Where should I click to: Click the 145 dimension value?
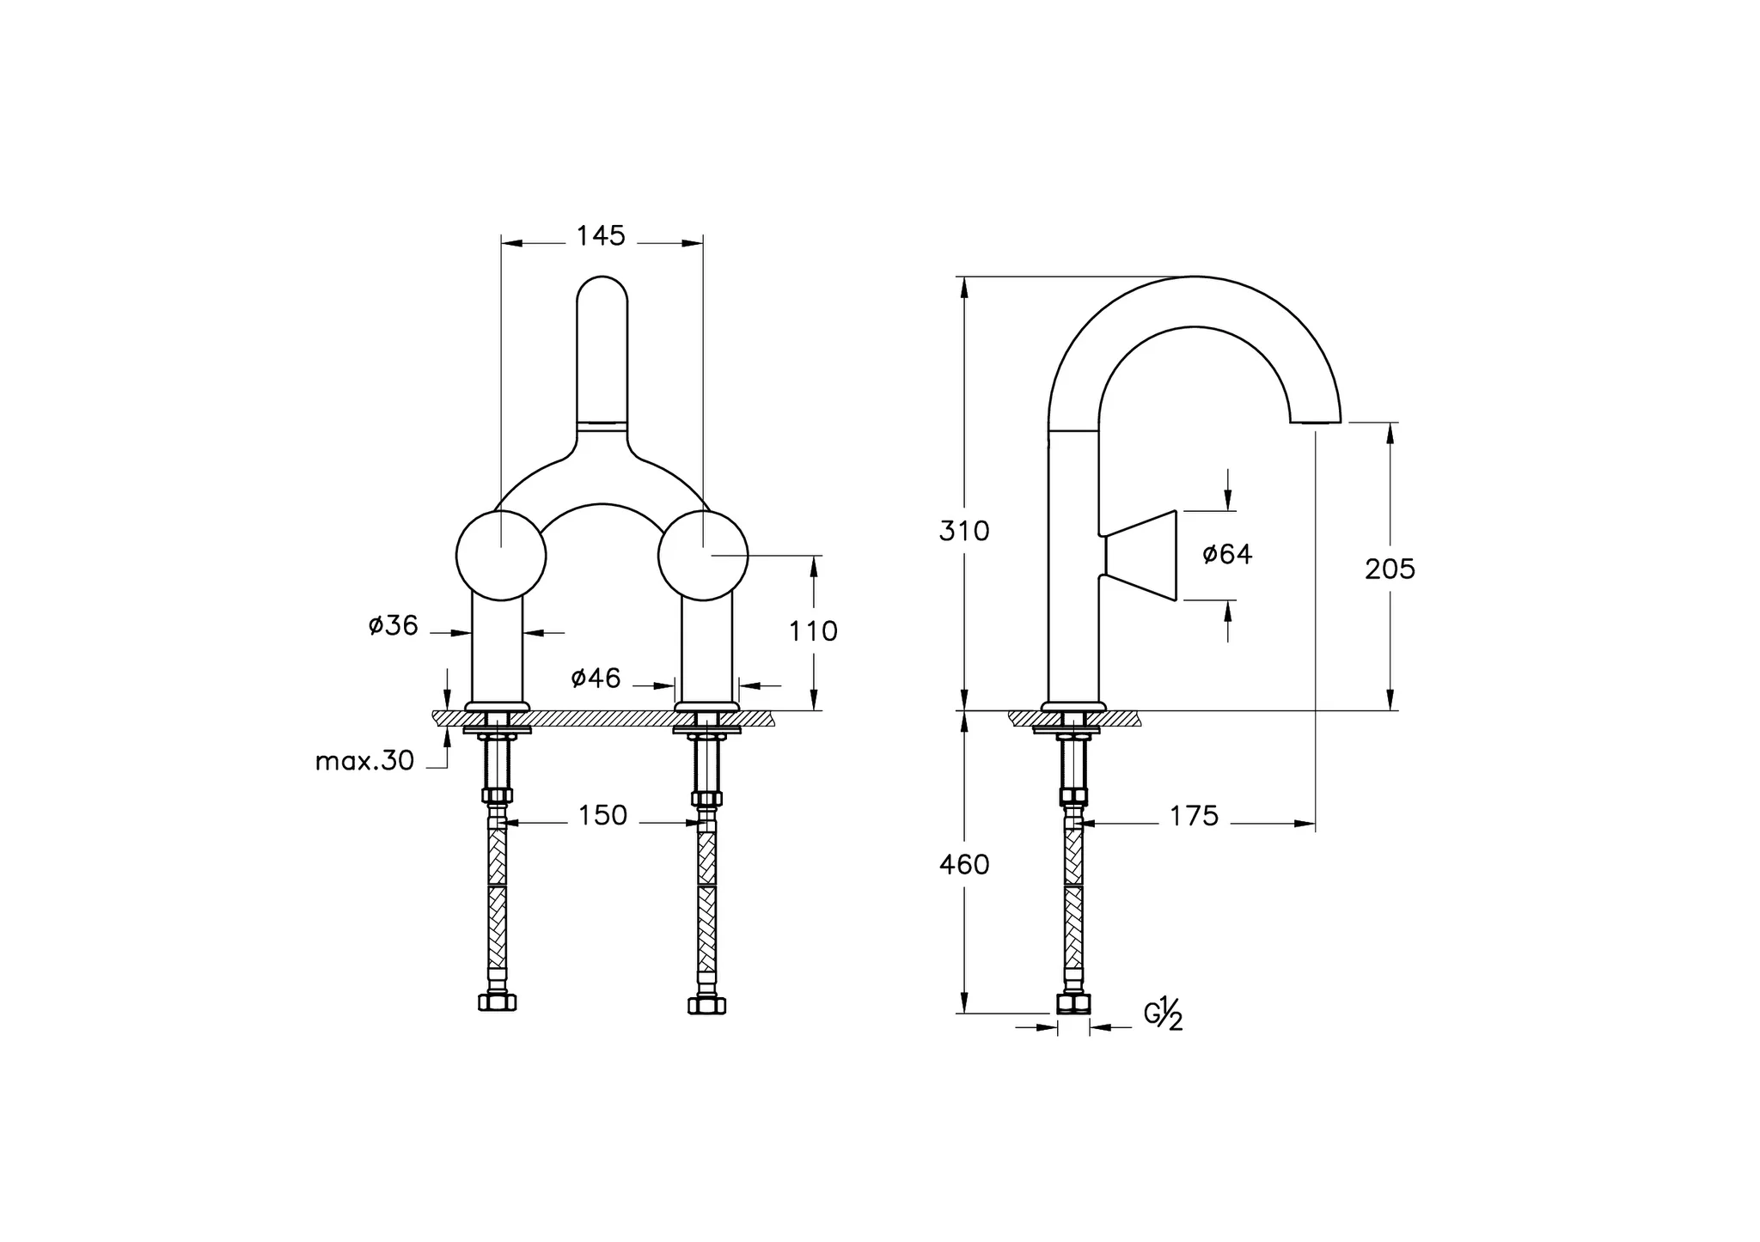tap(601, 235)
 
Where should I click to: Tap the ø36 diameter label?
tap(393, 625)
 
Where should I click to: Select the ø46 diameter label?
tap(596, 678)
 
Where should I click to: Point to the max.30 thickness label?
tap(364, 760)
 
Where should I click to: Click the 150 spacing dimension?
tap(602, 815)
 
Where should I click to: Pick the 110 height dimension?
tap(813, 631)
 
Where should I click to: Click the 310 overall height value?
tap(964, 531)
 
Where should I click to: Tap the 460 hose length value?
tap(964, 864)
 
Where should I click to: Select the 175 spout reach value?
tap(1194, 815)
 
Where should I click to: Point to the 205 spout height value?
tap(1390, 569)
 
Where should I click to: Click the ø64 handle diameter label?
tap(1227, 554)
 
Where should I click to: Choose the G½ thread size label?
tap(1164, 1014)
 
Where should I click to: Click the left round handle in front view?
tap(501, 555)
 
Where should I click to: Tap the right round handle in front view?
tap(703, 555)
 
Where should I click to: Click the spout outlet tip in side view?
tap(1315, 422)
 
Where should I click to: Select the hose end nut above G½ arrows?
tap(1073, 1003)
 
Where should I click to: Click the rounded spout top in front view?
tap(602, 292)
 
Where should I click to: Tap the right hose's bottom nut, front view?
tap(706, 1003)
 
